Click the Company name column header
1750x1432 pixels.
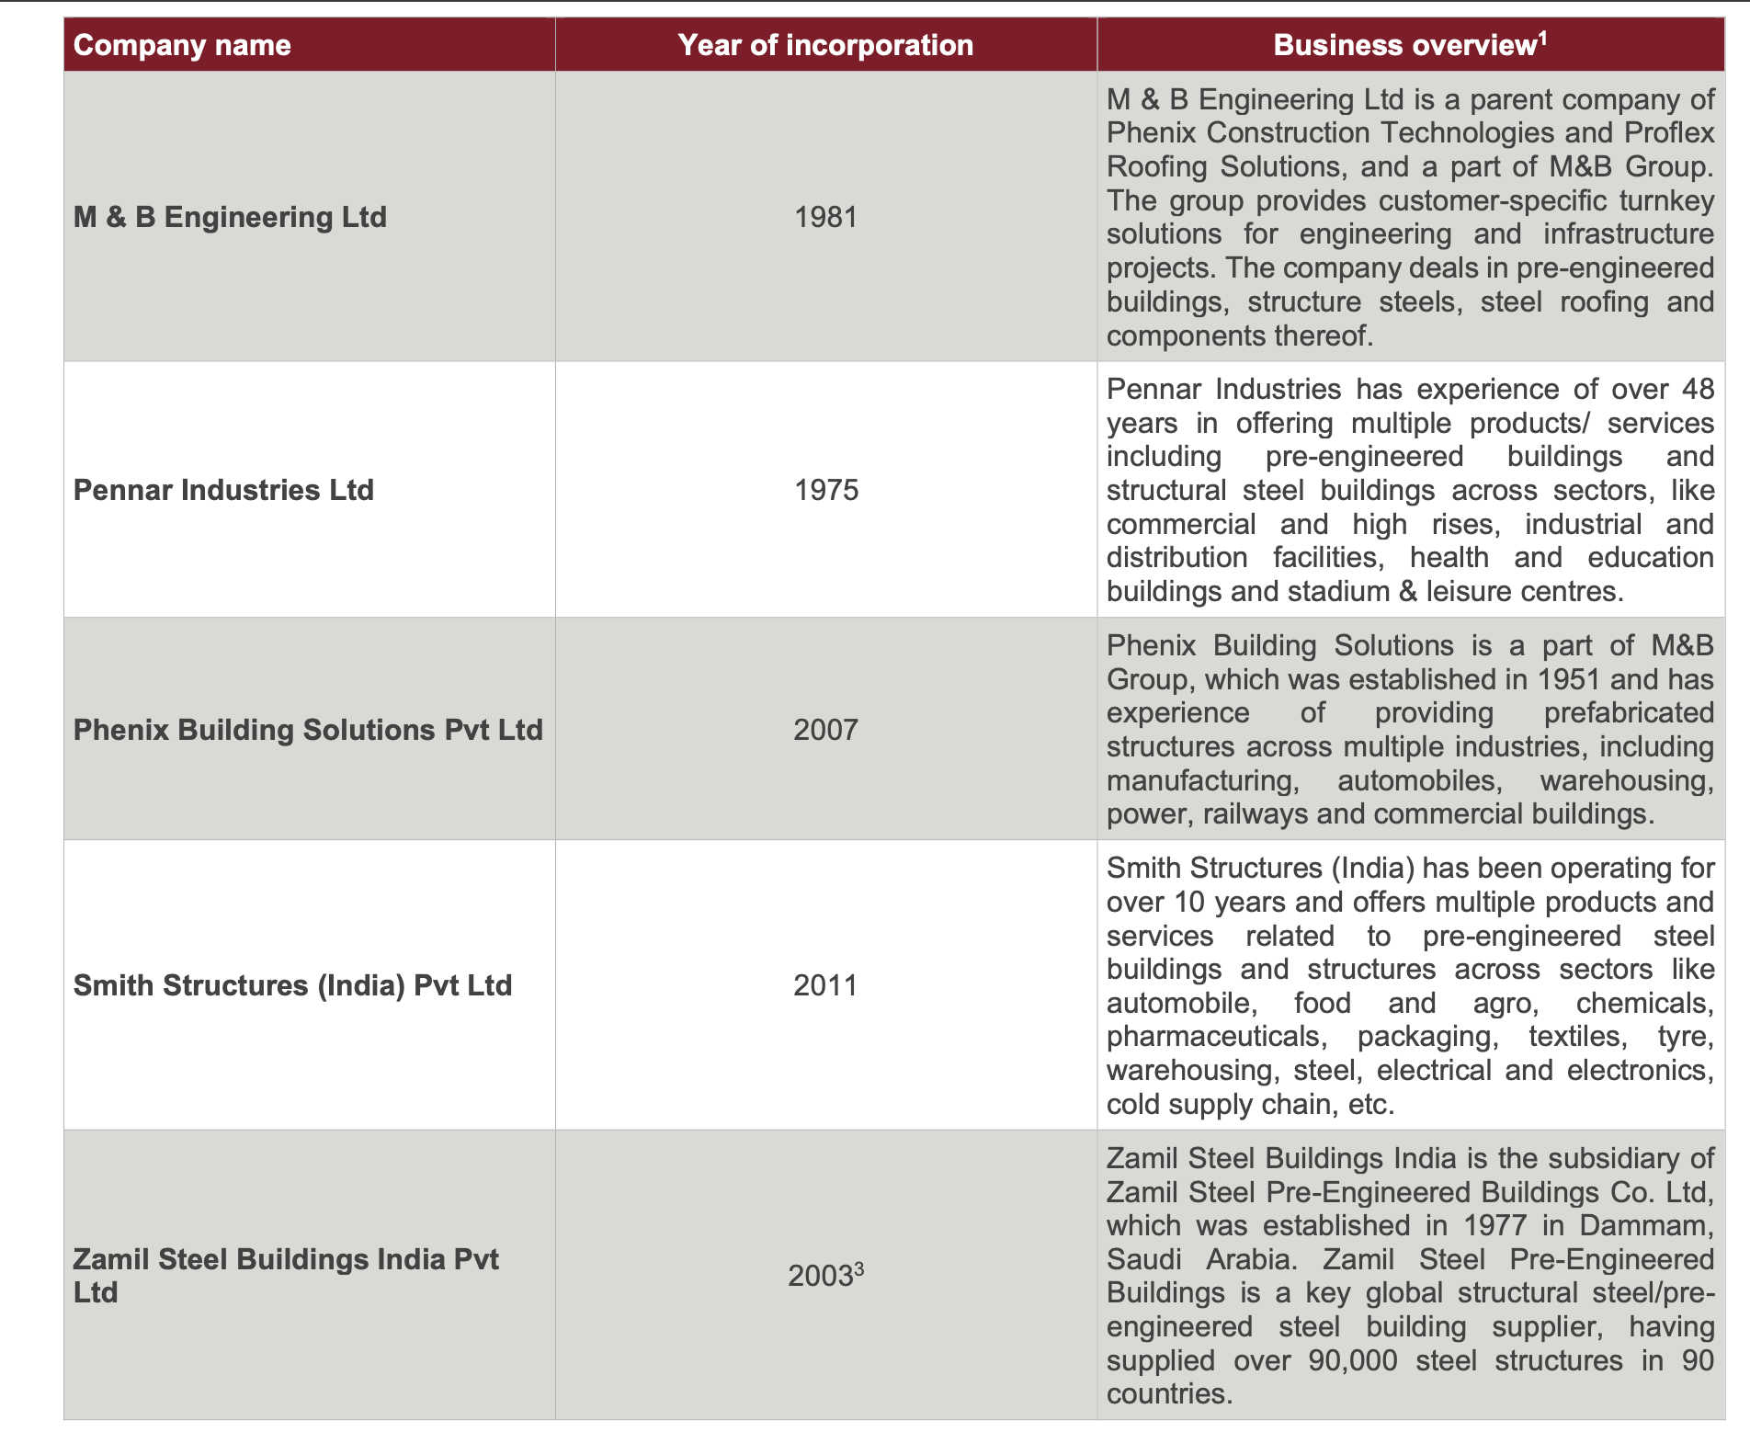click(182, 45)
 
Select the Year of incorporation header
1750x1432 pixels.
click(825, 45)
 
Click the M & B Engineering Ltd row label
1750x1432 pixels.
click(230, 217)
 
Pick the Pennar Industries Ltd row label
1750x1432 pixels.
click(223, 490)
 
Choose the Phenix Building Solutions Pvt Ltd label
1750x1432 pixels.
click(308, 730)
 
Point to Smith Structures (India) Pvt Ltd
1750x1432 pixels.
click(292, 985)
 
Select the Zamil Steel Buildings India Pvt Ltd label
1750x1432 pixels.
click(285, 1276)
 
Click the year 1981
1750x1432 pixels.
click(825, 217)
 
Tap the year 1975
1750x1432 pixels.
click(825, 490)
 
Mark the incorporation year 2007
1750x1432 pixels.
click(825, 730)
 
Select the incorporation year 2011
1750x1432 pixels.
click(825, 985)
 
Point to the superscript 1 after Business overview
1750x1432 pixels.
click(1543, 37)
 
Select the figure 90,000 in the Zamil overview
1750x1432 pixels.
click(1352, 1360)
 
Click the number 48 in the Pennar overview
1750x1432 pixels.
click(1698, 389)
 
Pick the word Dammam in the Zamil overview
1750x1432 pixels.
click(1645, 1225)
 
